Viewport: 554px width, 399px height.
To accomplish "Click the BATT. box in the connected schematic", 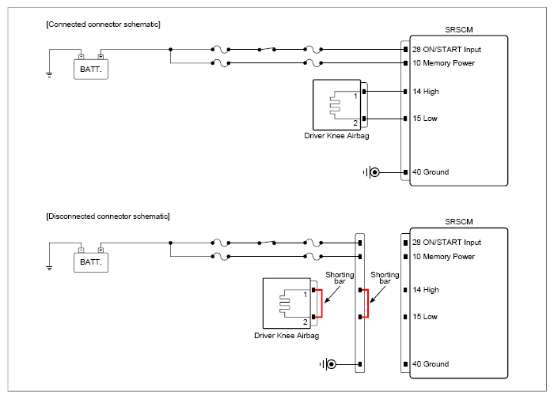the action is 91,70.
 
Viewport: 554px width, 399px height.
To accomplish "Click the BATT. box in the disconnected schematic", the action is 91,262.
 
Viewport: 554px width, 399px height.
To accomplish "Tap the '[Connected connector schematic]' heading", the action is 103,24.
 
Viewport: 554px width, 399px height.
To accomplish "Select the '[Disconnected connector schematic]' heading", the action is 108,216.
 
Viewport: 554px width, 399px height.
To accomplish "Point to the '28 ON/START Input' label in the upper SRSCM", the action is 446,50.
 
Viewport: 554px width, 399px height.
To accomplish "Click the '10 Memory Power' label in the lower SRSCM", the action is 443,257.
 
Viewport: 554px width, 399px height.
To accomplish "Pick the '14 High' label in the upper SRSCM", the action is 426,92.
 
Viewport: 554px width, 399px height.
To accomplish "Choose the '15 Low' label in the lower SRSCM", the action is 425,317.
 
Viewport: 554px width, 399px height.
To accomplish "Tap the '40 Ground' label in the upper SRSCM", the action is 431,171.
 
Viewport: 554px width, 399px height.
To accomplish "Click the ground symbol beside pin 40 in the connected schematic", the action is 371,172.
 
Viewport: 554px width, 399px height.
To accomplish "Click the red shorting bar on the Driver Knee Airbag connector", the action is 321,303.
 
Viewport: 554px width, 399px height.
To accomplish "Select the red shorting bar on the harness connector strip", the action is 367,303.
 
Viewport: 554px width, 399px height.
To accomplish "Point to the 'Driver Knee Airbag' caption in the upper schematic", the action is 336,136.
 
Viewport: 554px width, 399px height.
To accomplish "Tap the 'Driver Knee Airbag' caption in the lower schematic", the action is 286,336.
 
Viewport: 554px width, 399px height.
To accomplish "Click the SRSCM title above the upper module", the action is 458,30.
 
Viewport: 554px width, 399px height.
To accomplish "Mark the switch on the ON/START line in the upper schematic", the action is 267,49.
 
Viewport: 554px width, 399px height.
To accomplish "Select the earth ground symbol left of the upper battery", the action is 49,74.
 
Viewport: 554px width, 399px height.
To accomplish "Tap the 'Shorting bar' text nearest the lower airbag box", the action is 340,277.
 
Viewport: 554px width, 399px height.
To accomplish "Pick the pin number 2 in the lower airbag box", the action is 305,322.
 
